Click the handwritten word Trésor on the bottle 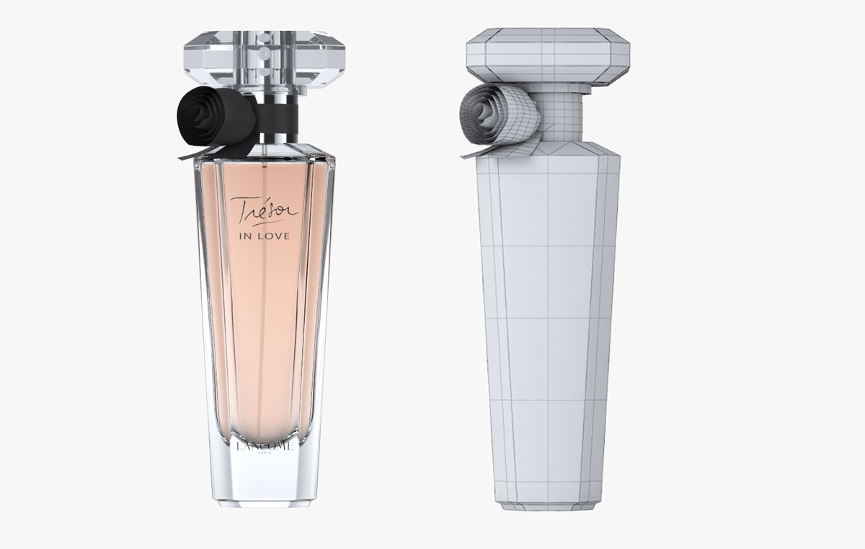[264, 210]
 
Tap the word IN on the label [246, 236]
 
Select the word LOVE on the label [276, 236]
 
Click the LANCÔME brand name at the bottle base [265, 447]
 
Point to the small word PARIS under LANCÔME [265, 455]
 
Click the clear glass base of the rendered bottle [265, 479]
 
